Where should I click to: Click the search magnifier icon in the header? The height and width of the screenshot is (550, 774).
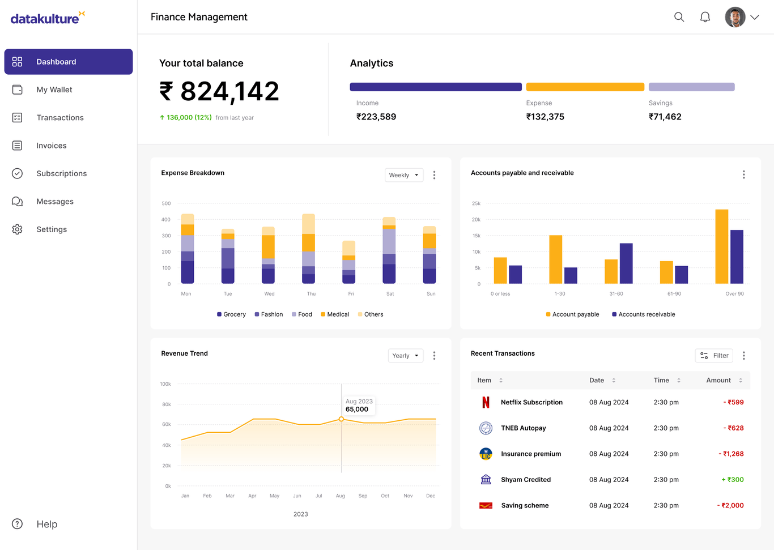679,17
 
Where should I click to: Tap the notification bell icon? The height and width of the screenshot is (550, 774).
705,17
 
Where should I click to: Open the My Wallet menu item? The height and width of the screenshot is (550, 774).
54,89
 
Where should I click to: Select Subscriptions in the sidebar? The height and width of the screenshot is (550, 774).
61,173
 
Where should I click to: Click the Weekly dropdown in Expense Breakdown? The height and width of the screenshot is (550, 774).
404,175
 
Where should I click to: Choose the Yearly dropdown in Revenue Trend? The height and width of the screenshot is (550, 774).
405,356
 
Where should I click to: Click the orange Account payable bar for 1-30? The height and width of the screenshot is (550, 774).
555,259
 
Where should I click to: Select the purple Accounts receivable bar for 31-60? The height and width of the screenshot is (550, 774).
626,263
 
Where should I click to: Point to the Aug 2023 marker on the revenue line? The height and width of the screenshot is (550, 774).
341,419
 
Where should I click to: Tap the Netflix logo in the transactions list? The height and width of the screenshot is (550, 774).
486,402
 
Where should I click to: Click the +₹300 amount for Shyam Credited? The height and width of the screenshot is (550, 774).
733,480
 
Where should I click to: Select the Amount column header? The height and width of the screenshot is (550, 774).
718,380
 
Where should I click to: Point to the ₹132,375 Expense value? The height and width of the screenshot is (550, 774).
545,117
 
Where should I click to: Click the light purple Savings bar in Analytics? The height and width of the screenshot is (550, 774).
691,87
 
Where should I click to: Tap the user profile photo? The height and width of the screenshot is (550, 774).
735,17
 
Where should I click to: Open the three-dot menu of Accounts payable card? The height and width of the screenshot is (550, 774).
743,174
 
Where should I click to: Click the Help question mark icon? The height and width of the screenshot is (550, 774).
18,524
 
